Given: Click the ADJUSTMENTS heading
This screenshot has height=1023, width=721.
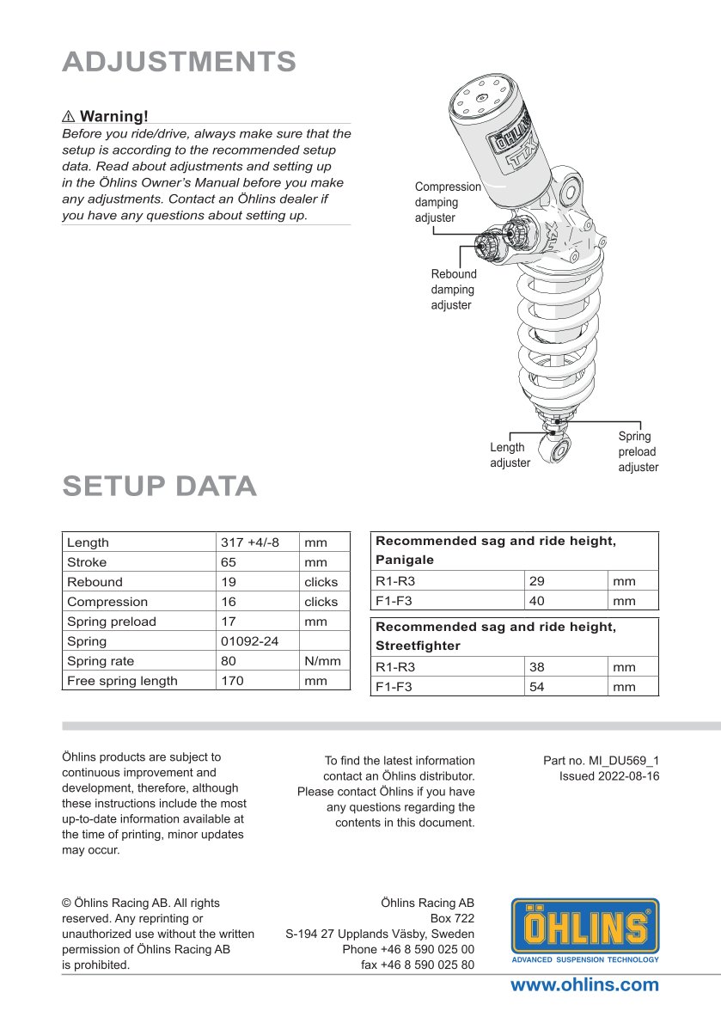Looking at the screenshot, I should (179, 62).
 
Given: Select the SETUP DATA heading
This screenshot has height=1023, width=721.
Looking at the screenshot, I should (159, 486).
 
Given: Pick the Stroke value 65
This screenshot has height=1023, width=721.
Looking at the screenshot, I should (229, 562).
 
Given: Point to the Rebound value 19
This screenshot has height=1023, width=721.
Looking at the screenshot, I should (229, 582).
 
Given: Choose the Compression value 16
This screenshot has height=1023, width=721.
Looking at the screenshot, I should (229, 602).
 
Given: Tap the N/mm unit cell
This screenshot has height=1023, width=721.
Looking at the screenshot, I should (322, 661).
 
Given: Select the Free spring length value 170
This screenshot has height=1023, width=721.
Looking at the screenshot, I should (232, 681).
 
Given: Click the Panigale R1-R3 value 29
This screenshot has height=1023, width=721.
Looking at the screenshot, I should (537, 582).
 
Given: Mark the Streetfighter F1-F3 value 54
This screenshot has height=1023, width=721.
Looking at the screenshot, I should (537, 687).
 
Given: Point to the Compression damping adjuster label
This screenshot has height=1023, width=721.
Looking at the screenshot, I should (448, 202).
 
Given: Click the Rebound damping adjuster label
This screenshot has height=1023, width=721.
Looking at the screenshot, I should (453, 290).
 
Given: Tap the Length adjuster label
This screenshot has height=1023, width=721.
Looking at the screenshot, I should (510, 455).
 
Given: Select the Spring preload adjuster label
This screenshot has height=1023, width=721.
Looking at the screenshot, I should (638, 451).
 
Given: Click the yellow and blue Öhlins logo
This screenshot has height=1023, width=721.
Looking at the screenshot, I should (585, 930).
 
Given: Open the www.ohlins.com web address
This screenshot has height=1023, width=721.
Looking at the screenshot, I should (584, 985).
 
